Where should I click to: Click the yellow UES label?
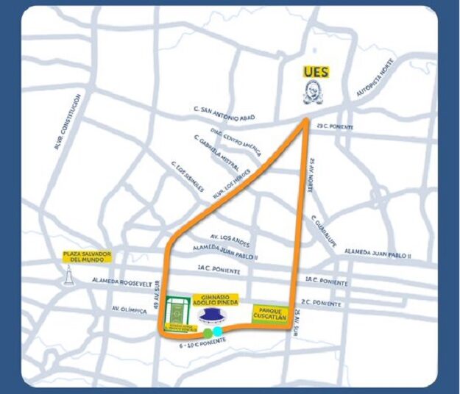click(316, 72)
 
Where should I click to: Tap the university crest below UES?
click(316, 92)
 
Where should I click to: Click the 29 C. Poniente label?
click(333, 127)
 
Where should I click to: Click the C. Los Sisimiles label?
click(188, 175)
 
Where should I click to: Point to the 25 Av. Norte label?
click(312, 176)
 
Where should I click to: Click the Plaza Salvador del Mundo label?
click(87, 258)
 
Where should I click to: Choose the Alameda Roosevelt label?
click(122, 282)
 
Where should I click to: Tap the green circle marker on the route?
click(208, 332)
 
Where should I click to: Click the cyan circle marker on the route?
click(218, 331)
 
